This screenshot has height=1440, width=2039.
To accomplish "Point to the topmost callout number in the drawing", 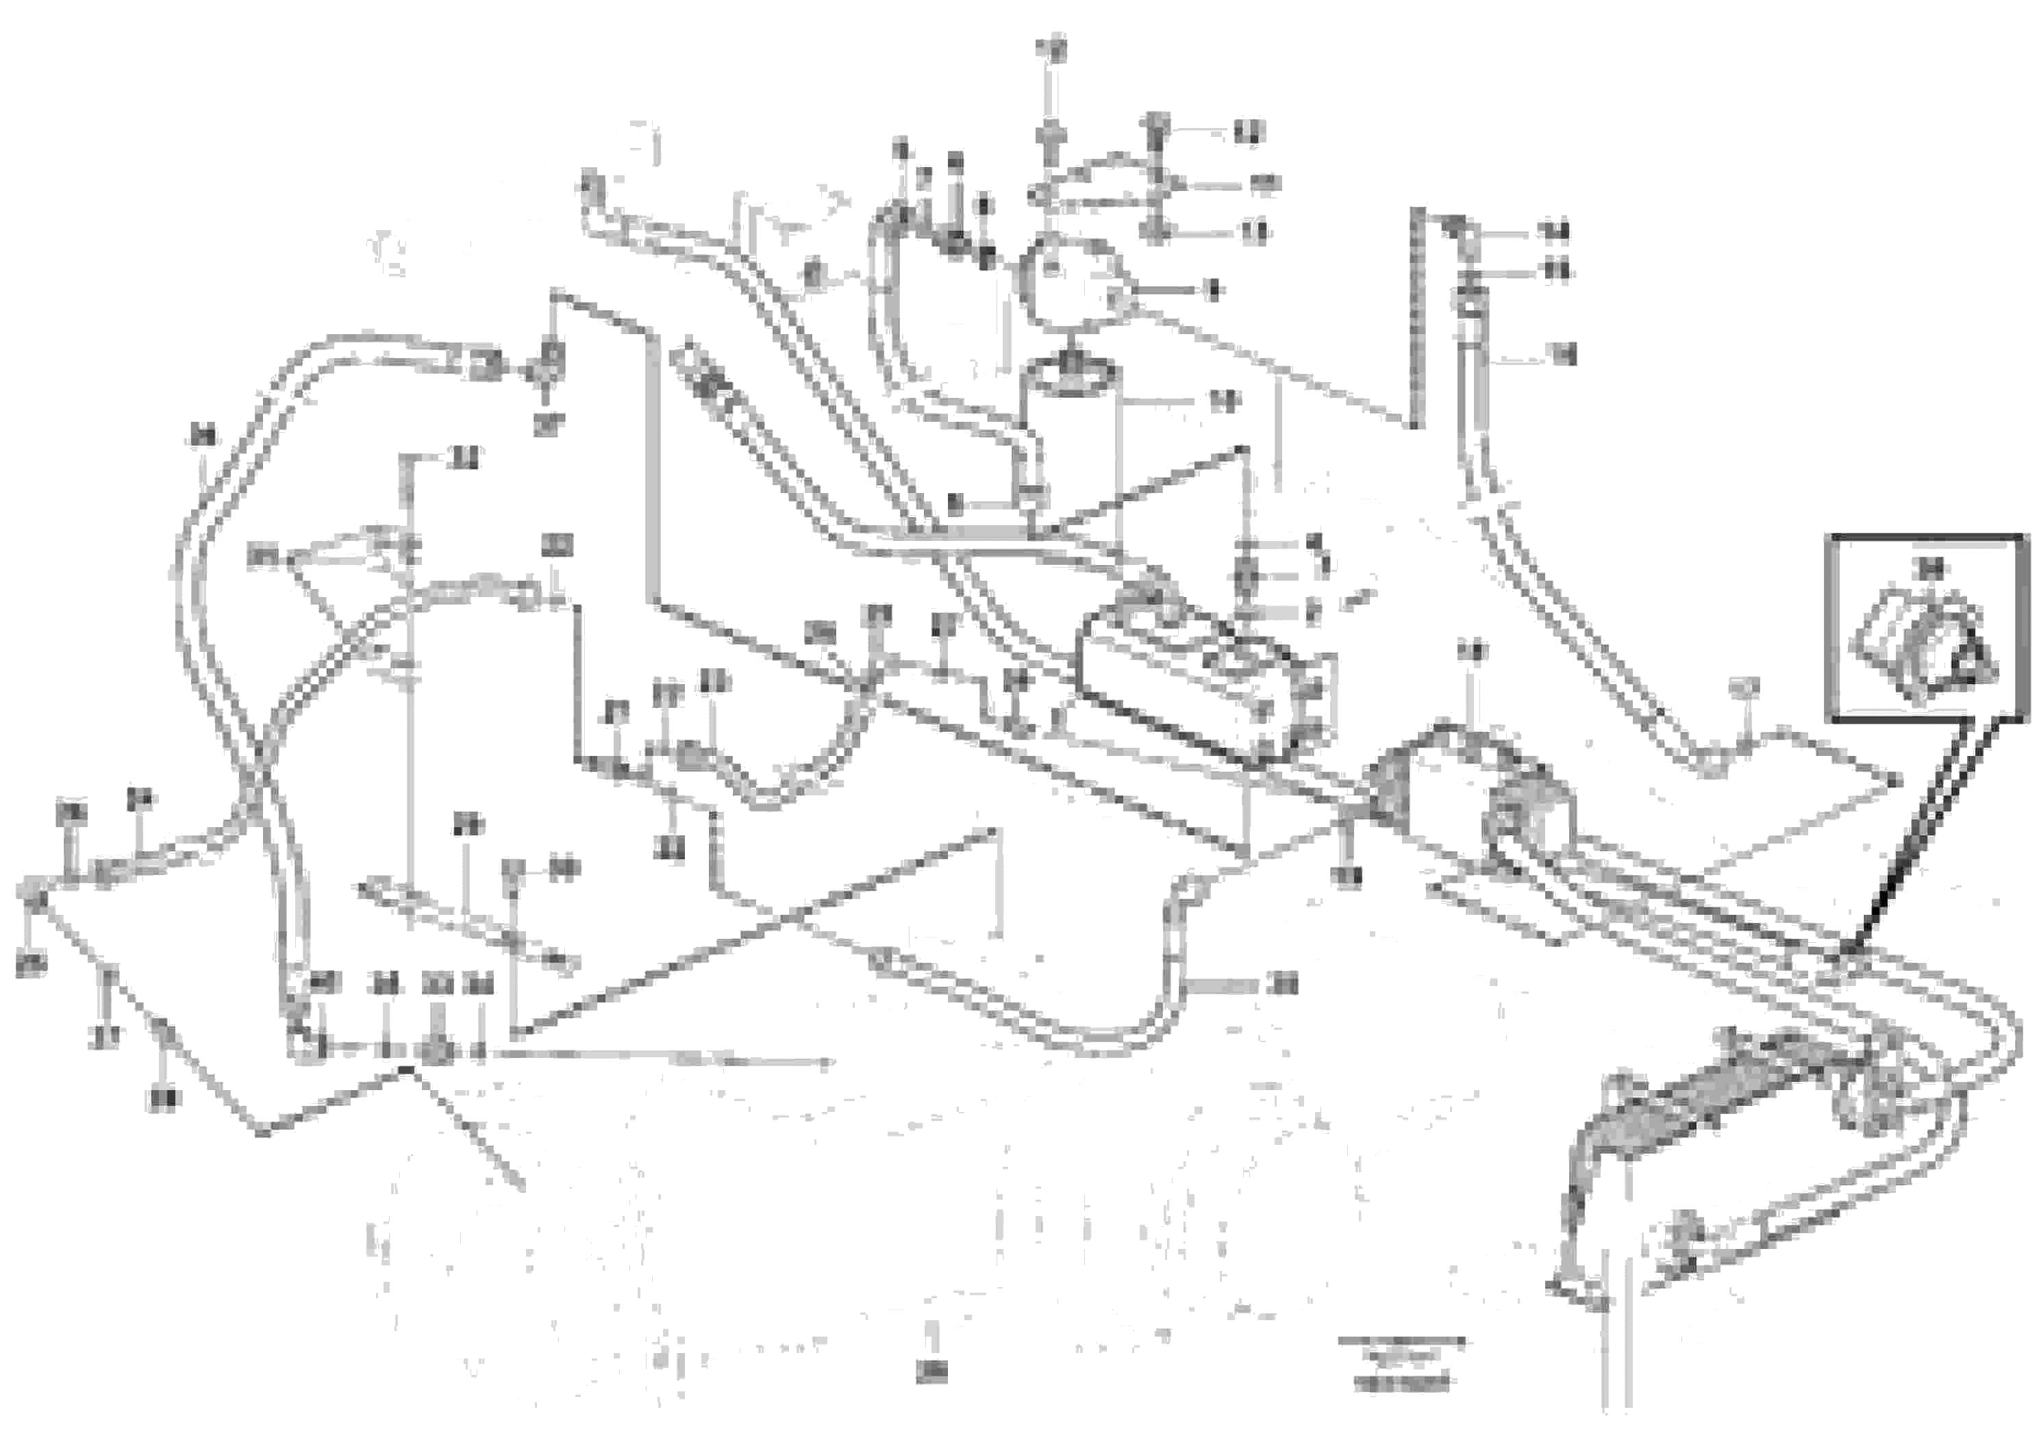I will [x=1052, y=49].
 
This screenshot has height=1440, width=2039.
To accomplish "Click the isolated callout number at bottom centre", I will [x=931, y=1372].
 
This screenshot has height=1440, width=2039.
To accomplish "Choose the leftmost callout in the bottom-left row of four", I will [x=324, y=983].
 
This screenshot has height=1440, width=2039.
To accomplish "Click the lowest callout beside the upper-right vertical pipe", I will [x=1562, y=355].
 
